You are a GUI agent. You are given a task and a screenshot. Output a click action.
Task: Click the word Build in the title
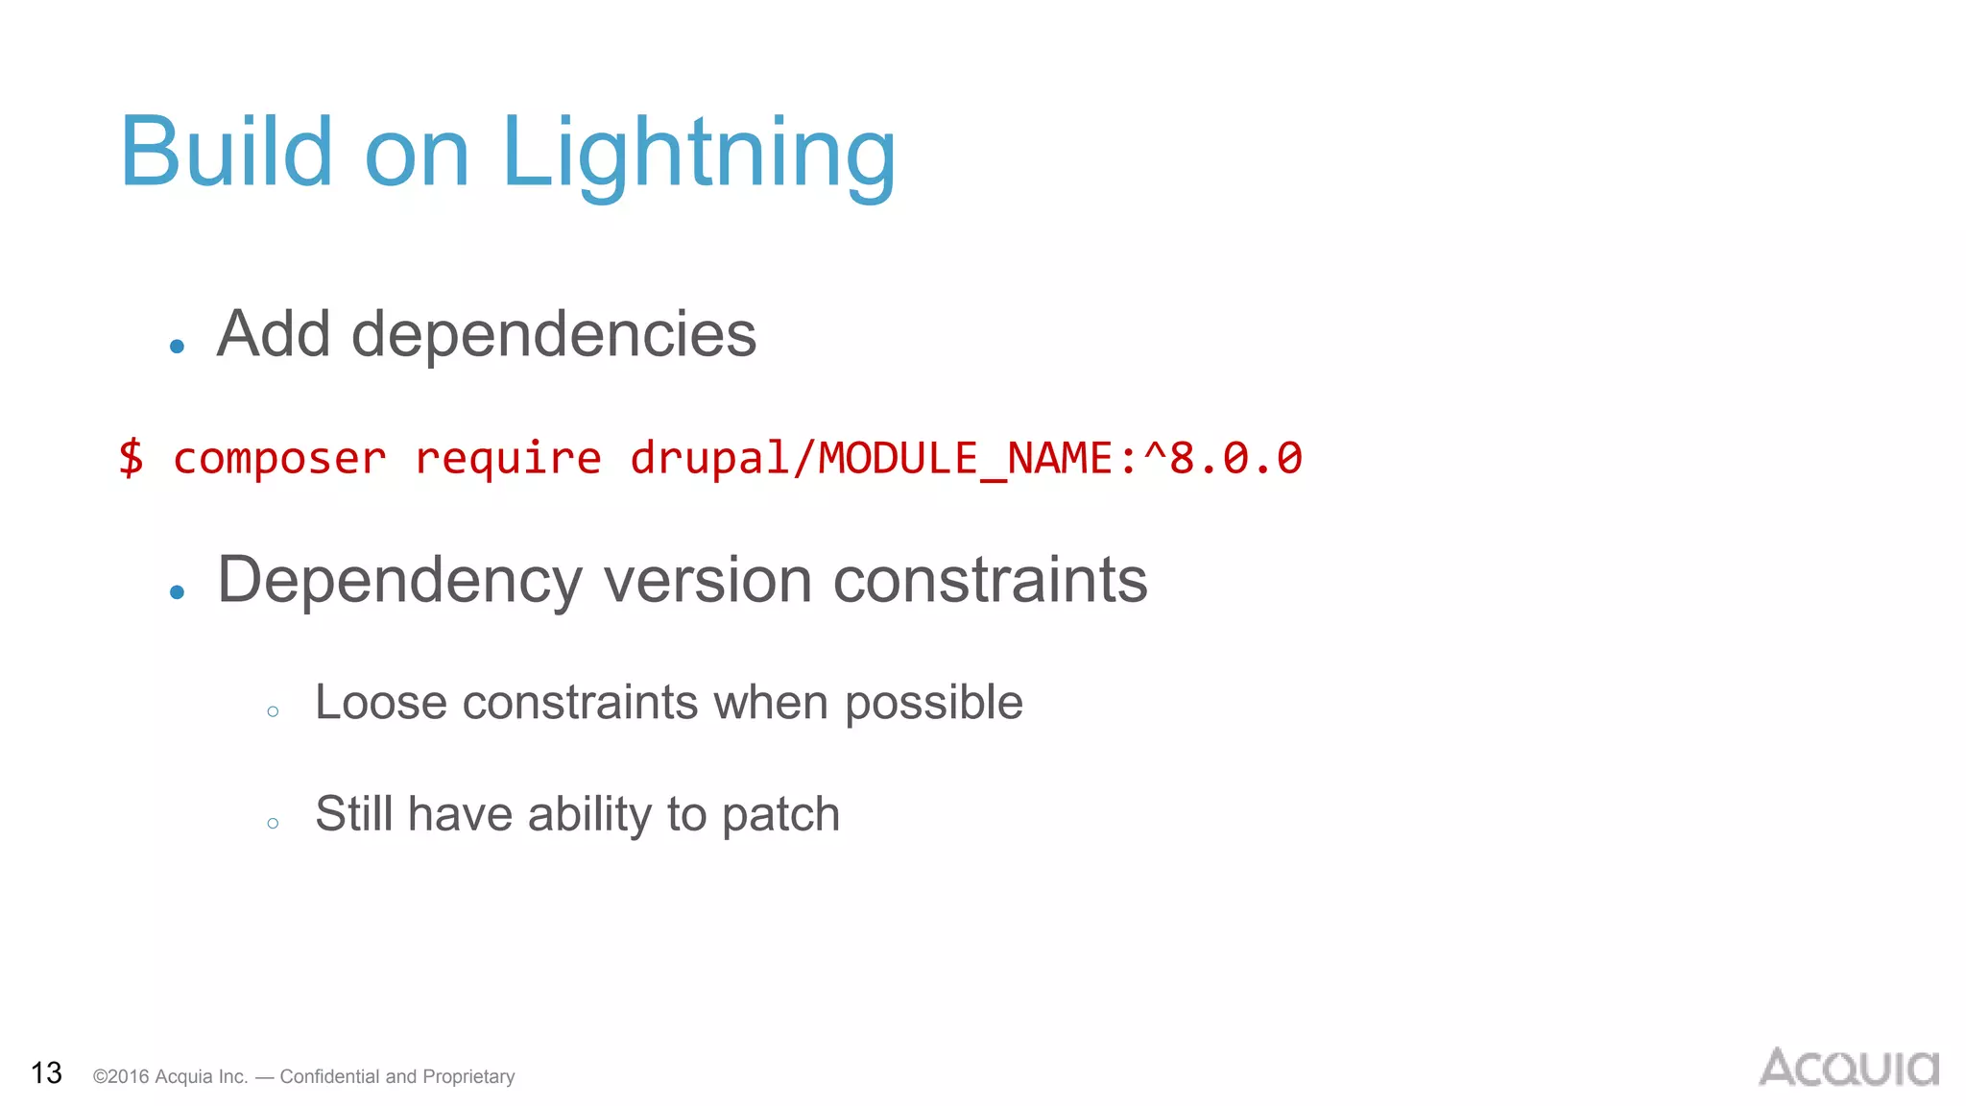coord(226,152)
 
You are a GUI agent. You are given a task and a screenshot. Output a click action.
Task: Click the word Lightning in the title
coord(699,154)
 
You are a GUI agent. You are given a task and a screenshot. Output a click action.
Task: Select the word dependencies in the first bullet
coord(554,334)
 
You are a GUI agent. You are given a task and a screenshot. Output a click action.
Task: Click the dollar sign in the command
coord(131,457)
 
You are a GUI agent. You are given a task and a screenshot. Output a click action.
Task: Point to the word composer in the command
coord(279,458)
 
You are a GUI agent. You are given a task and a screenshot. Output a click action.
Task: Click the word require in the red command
coord(507,458)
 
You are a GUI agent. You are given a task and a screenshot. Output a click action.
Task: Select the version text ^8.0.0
coord(1223,458)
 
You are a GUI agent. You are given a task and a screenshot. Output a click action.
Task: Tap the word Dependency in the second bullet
coord(399,580)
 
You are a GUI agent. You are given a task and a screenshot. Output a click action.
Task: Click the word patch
coord(780,815)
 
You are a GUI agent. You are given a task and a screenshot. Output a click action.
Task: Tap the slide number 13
coord(46,1072)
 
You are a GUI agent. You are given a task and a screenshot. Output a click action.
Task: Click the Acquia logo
coord(1848,1068)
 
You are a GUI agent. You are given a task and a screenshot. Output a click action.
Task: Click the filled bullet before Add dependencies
coord(177,347)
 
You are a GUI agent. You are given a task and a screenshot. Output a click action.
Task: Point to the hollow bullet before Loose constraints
coord(273,711)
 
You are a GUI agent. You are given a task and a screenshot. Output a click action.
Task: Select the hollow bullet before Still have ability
coord(273,823)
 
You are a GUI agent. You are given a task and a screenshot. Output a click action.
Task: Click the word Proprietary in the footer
coord(468,1076)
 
